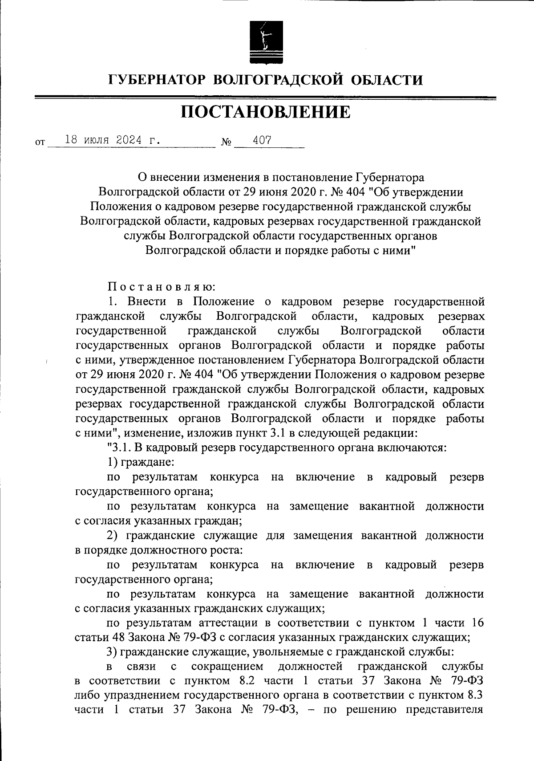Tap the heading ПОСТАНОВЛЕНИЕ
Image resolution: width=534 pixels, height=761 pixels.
tap(266, 112)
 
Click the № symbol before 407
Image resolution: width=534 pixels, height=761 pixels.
tap(226, 142)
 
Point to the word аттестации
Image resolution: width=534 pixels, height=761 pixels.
tap(228, 623)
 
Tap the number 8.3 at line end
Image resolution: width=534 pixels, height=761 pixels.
tap(474, 696)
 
